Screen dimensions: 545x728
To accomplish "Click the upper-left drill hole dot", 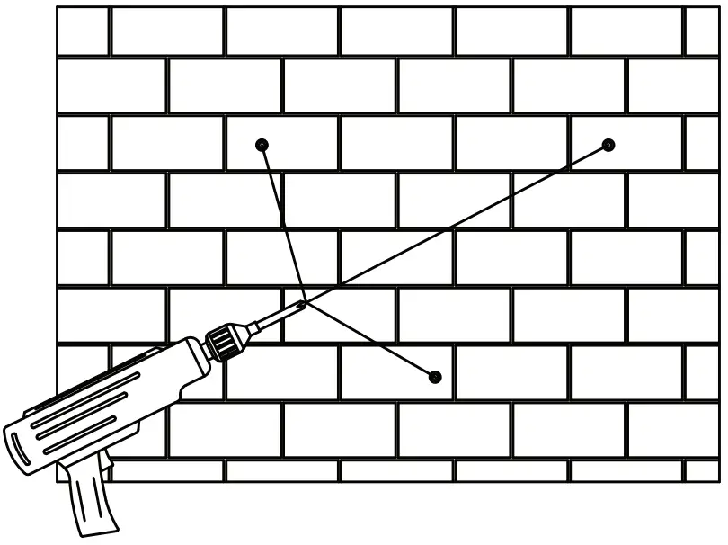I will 262,145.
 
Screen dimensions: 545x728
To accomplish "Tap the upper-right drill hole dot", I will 608,145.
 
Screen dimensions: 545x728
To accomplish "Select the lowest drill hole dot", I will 436,376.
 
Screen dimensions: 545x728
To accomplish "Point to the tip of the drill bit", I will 302,305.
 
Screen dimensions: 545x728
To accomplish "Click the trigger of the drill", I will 107,462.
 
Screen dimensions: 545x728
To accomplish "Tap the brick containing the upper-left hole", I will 282,144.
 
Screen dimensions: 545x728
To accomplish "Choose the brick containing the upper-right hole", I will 627,144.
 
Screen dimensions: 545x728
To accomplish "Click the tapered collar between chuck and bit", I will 250,329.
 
